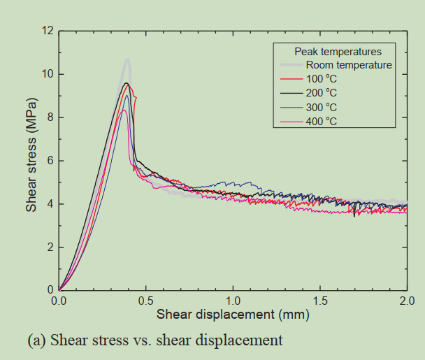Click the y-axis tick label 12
48,31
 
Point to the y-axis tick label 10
48,74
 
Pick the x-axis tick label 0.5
146,301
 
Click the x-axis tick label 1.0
233,301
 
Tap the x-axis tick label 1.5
320,301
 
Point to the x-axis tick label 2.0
407,301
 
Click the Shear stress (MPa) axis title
31,160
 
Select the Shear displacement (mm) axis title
233,315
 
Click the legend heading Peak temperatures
338,52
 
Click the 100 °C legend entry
321,79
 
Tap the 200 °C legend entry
321,93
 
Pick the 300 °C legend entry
321,107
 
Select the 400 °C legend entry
321,121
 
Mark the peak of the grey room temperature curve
128,60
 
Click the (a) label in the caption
36,340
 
